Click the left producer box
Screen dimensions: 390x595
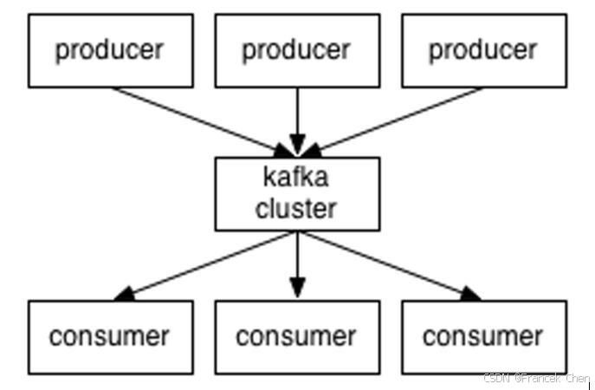coord(110,50)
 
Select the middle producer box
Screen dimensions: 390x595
coord(296,50)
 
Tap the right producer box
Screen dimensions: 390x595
coord(483,50)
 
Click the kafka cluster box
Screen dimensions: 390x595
coord(296,193)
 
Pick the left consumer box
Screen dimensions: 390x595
coord(110,336)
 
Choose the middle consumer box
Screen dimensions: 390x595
coord(296,336)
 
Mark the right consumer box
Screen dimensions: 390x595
coord(483,336)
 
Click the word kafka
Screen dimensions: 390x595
coord(296,179)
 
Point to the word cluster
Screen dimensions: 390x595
coord(296,208)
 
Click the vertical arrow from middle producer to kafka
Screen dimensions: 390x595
coord(297,117)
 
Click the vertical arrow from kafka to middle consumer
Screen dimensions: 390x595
coord(297,260)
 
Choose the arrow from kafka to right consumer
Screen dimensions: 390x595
coord(385,263)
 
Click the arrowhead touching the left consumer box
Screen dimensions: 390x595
coord(126,294)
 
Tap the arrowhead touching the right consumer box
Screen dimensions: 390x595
coord(470,294)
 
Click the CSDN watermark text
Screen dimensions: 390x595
coord(535,379)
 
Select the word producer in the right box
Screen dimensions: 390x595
coord(483,50)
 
